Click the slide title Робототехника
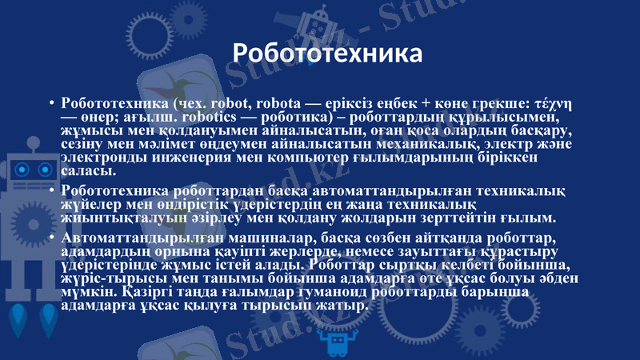pyautogui.click(x=327, y=54)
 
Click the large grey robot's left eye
pyautogui.click(x=22, y=170)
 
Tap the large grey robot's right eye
pyautogui.click(x=45, y=170)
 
